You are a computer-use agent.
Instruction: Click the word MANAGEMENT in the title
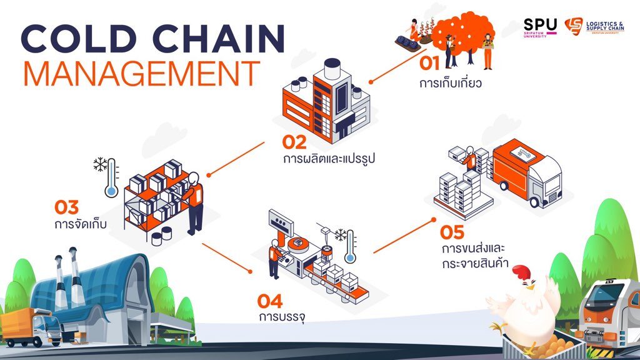tap(142, 74)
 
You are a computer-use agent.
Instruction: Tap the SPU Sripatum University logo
tap(540, 27)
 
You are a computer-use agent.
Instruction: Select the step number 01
tap(429, 63)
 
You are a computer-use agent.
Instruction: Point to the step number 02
tap(294, 142)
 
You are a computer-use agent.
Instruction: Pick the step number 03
tap(66, 207)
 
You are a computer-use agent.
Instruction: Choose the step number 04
tap(270, 301)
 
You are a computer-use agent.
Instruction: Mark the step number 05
tap(452, 232)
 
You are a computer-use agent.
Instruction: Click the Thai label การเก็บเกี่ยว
tap(450, 83)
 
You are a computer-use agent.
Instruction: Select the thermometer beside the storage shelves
tap(111, 178)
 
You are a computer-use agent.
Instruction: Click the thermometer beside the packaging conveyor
tap(350, 246)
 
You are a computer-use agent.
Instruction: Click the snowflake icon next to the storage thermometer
tap(100, 164)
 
